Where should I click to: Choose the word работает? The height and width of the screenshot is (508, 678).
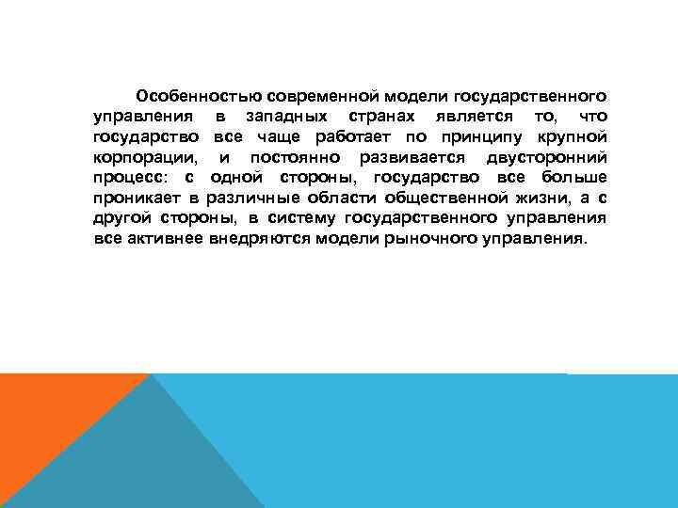pyautogui.click(x=332, y=136)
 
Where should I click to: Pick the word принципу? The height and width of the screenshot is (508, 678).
pyautogui.click(x=457, y=136)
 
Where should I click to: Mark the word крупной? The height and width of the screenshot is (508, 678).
pyautogui.click(x=568, y=136)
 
